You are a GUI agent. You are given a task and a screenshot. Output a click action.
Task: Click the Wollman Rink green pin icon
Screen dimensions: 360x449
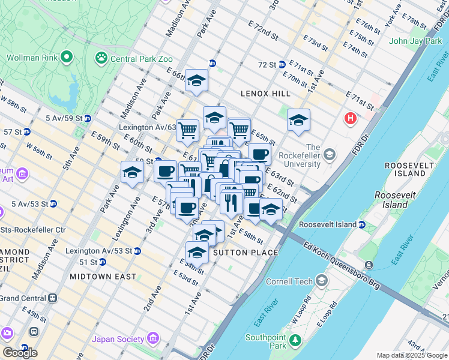(x=66, y=58)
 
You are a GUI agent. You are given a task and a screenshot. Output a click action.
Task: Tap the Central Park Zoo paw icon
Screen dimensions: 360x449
(x=101, y=58)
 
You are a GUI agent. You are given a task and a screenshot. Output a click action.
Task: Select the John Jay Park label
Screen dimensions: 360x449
(x=415, y=41)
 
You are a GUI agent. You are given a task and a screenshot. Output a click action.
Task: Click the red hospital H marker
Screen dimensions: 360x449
(x=350, y=119)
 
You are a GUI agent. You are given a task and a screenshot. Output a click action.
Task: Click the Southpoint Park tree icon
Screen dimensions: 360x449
(x=294, y=341)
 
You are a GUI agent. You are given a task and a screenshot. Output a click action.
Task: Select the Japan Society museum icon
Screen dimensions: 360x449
(x=153, y=339)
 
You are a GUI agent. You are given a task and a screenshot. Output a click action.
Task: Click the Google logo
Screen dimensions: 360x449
(x=19, y=353)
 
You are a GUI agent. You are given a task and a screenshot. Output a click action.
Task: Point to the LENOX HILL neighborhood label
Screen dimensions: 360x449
(x=265, y=94)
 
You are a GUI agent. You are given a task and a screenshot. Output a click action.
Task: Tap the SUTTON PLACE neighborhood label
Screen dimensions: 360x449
(x=246, y=253)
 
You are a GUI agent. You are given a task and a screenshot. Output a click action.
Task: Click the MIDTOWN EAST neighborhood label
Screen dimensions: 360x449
(x=103, y=277)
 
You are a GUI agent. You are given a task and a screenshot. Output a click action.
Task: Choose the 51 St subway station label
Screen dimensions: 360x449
(x=88, y=262)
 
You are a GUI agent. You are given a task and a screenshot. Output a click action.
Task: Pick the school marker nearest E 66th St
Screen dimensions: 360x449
(x=196, y=82)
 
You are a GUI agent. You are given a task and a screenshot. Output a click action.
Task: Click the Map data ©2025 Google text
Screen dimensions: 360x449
(x=411, y=355)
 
